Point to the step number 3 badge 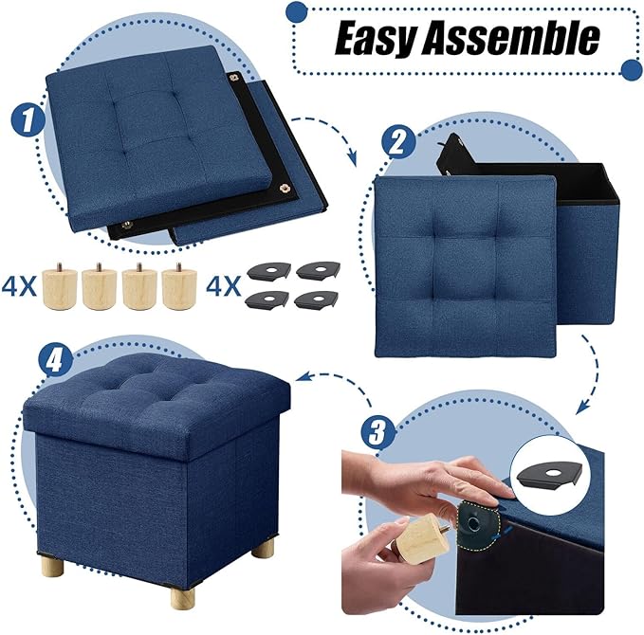click(378, 434)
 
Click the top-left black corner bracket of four click(267, 271)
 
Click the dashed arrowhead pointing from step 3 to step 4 click(300, 380)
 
